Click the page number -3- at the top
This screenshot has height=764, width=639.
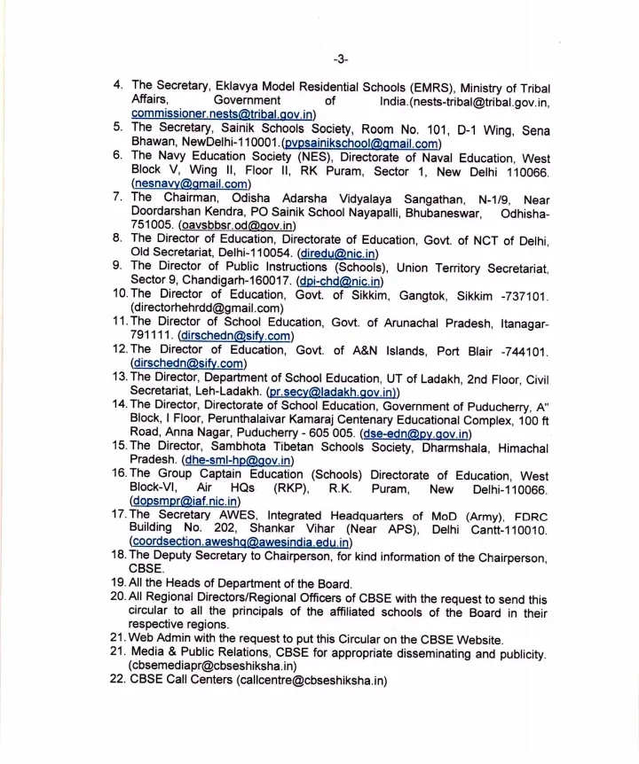click(x=341, y=59)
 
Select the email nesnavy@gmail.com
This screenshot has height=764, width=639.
click(x=189, y=184)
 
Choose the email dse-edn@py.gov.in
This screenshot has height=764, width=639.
click(x=415, y=433)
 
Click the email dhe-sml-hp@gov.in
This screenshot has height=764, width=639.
click(x=237, y=461)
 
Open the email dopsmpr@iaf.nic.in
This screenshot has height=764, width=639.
click(x=185, y=503)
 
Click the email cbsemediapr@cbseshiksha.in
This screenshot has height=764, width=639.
click(x=213, y=666)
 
